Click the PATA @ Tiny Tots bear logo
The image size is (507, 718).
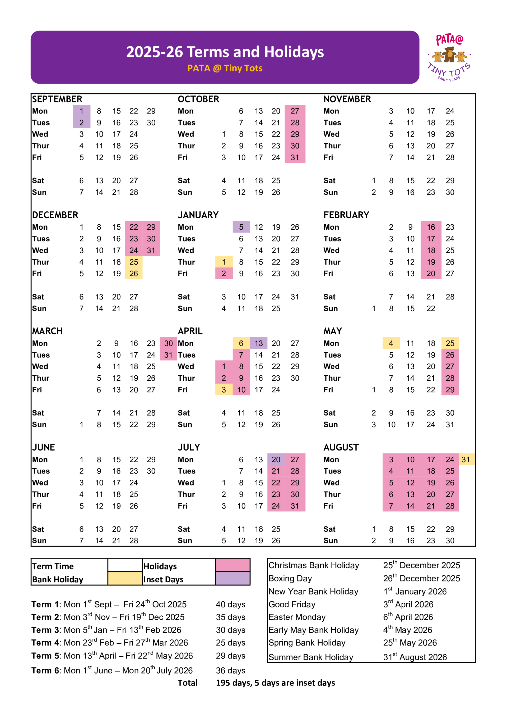pyautogui.click(x=449, y=57)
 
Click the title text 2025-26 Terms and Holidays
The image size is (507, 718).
pyautogui.click(x=225, y=52)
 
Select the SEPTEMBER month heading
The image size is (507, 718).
pyautogui.click(x=57, y=99)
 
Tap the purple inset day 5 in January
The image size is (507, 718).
pyautogui.click(x=241, y=227)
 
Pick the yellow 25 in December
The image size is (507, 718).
pyautogui.click(x=134, y=262)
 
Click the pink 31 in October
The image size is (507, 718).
pyautogui.click(x=295, y=157)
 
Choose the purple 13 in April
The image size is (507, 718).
pyautogui.click(x=258, y=343)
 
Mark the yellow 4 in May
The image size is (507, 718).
pyautogui.click(x=391, y=343)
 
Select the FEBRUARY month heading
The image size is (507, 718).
pyautogui.click(x=346, y=215)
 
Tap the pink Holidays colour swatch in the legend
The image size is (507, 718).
pyautogui.click(x=232, y=565)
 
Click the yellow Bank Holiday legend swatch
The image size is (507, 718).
pyautogui.click(x=125, y=579)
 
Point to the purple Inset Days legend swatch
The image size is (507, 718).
pyautogui.click(x=232, y=579)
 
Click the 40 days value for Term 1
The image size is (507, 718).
pyautogui.click(x=231, y=605)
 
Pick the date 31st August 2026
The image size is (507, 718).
pyautogui.click(x=415, y=657)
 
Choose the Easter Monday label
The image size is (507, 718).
pyautogui.click(x=297, y=617)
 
